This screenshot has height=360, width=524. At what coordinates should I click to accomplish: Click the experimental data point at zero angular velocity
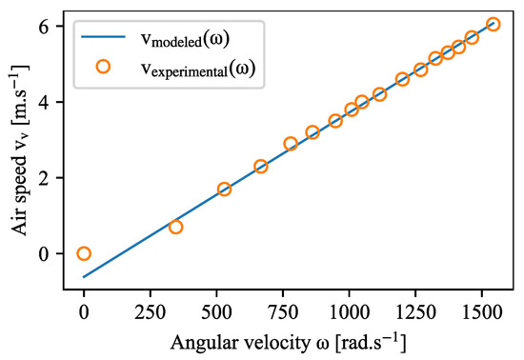pyautogui.click(x=84, y=253)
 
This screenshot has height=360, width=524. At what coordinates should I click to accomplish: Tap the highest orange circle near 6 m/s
pyautogui.click(x=493, y=24)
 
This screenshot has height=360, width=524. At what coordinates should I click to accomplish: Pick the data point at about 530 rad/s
pyautogui.click(x=224, y=189)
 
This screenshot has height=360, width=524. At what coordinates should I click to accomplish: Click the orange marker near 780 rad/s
pyautogui.click(x=291, y=144)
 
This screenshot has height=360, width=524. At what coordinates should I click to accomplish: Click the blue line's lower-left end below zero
pyautogui.click(x=84, y=277)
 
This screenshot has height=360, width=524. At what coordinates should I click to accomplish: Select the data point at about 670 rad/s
pyautogui.click(x=261, y=166)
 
